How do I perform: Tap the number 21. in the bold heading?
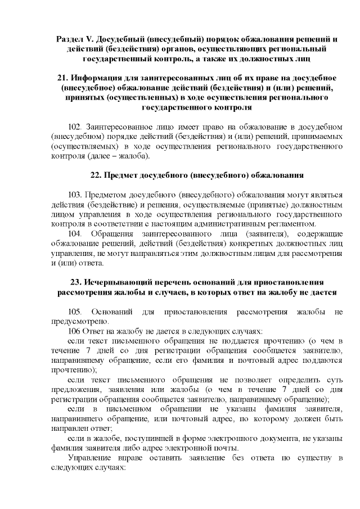pos(64,77)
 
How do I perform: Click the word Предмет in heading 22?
pos(123,175)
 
